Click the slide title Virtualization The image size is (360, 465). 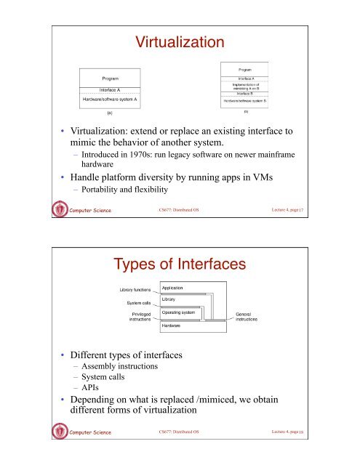click(x=180, y=44)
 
